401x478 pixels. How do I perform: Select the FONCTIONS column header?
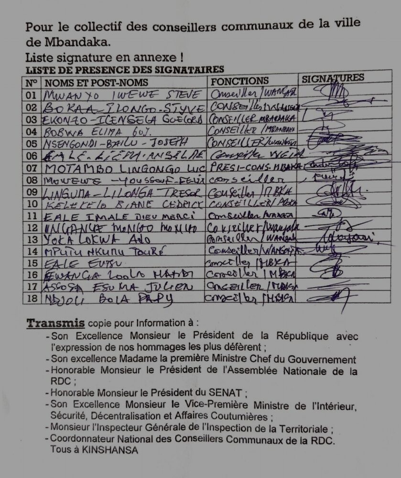tap(240, 81)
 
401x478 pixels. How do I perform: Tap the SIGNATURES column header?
tap(333, 78)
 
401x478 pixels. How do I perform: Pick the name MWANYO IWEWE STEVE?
tap(122, 95)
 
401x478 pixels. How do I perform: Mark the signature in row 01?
tap(335, 91)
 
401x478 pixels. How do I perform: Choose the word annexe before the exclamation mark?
tap(157, 58)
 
